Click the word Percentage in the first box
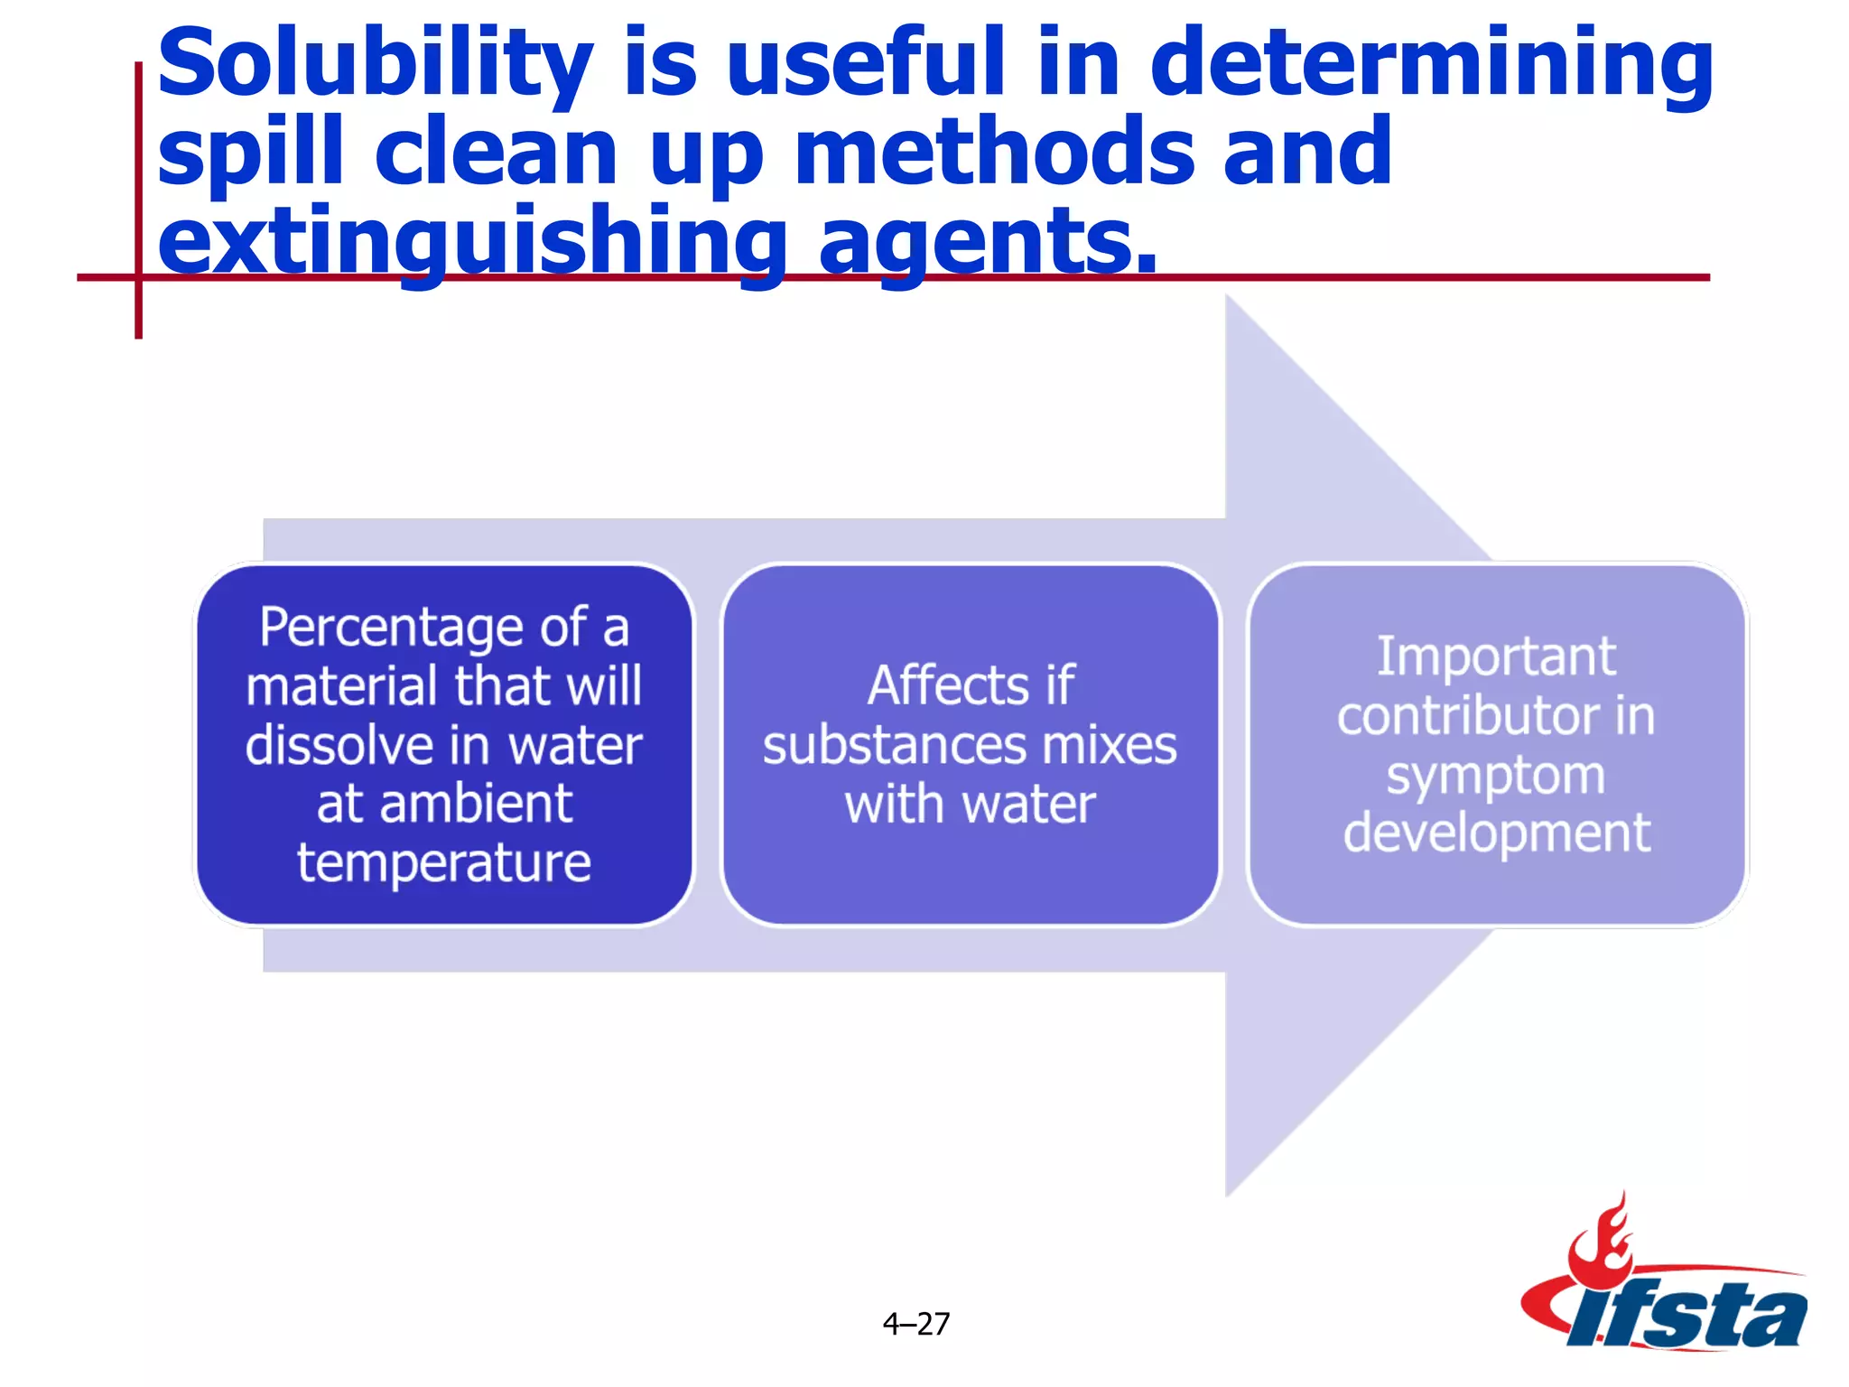[x=391, y=627]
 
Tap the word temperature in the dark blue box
[x=444, y=862]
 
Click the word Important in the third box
[x=1496, y=656]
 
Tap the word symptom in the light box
[x=1496, y=776]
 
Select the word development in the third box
[x=1496, y=833]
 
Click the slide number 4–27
[x=915, y=1324]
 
